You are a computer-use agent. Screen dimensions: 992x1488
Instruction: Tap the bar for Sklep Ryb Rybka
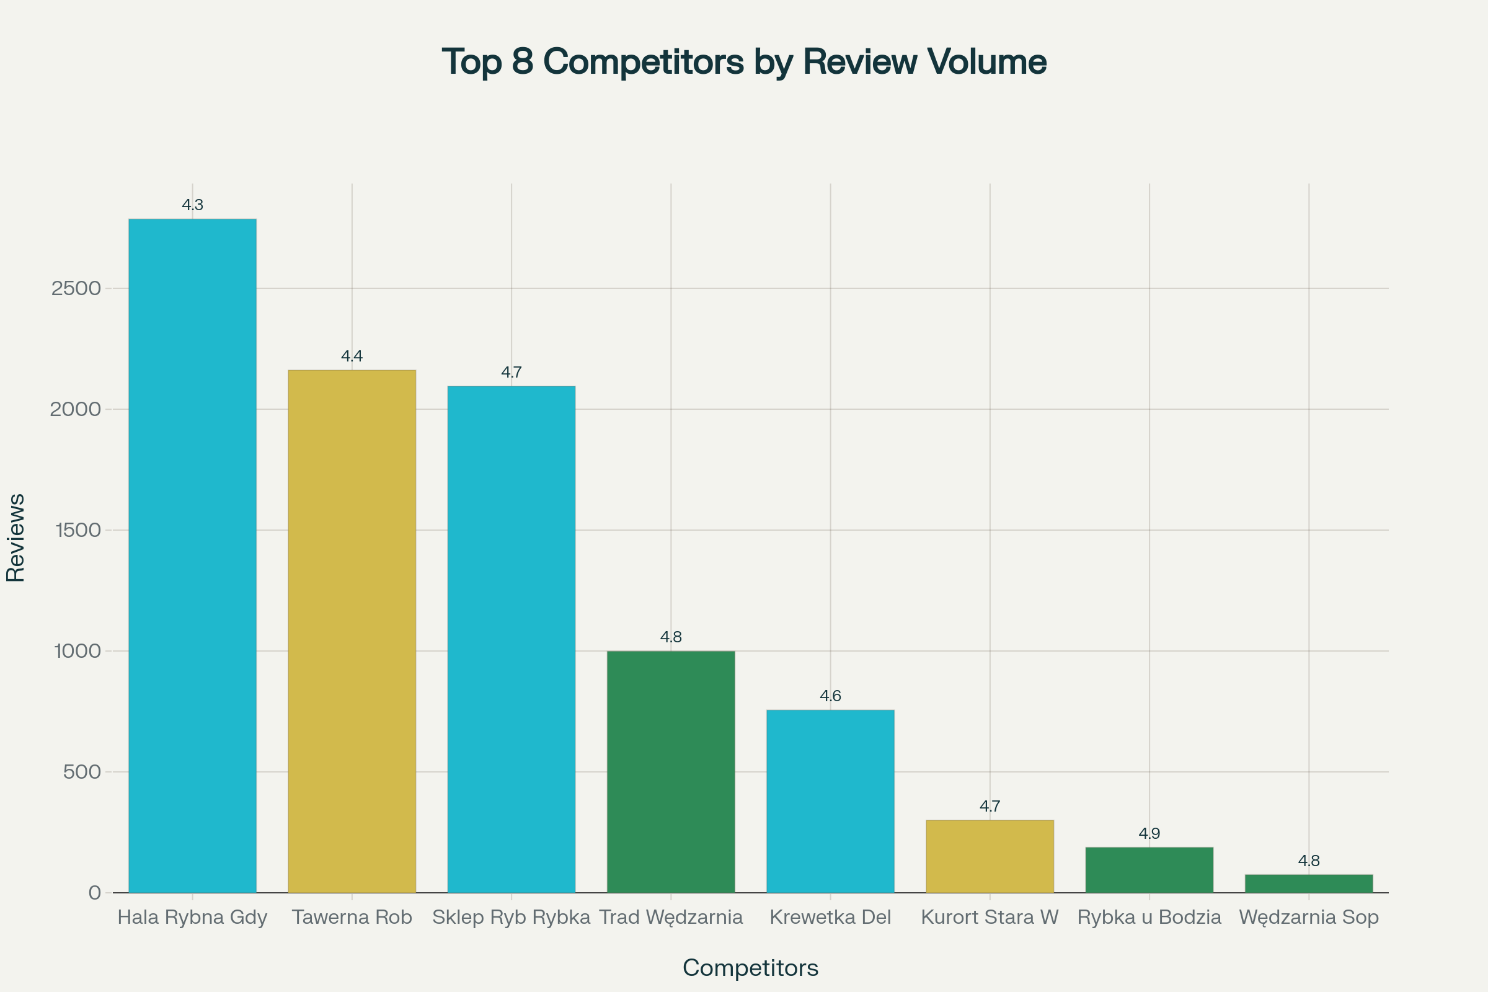coord(511,639)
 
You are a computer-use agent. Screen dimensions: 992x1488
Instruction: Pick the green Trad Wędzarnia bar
coord(671,772)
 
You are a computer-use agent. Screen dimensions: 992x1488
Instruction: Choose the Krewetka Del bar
coord(830,801)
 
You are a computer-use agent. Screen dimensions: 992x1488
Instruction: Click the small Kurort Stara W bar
coord(990,857)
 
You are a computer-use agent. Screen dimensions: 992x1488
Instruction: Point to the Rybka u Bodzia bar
coord(1149,870)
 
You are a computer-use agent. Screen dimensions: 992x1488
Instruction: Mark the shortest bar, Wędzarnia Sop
coord(1308,884)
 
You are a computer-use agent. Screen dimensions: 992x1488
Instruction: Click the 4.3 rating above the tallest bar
coord(192,205)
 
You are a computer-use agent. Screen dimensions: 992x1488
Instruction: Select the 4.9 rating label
coord(1149,834)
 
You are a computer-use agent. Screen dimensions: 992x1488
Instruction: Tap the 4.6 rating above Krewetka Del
coord(830,696)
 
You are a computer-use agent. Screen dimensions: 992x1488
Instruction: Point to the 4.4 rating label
coord(352,356)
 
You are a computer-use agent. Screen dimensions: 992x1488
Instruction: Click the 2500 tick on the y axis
coord(76,288)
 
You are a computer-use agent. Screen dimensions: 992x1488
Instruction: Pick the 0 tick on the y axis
coord(95,893)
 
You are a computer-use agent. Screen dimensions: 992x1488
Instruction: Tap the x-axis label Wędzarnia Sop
coord(1308,918)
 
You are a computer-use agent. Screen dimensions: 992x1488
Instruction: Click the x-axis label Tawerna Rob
coord(352,918)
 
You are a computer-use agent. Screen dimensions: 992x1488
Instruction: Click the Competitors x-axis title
coord(750,968)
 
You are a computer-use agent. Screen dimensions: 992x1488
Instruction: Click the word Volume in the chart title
coord(986,61)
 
